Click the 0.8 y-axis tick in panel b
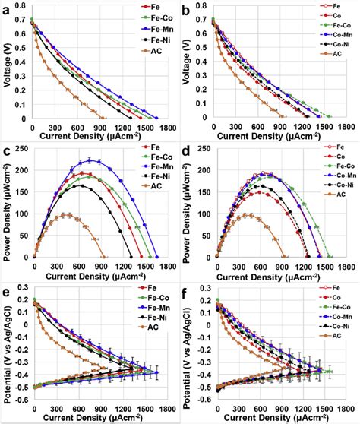coord(203,5)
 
